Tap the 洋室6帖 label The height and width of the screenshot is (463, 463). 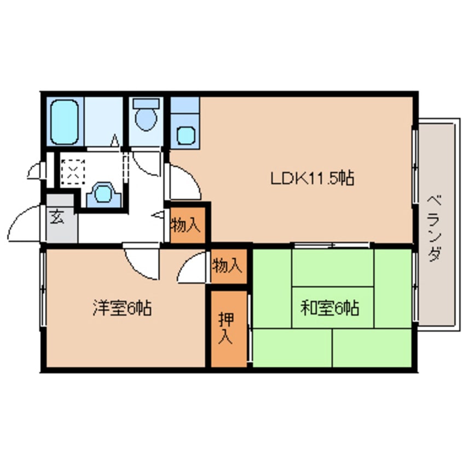pyautogui.click(x=121, y=309)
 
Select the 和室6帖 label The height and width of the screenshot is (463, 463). pyautogui.click(x=329, y=309)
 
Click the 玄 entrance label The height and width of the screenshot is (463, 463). pyautogui.click(x=57, y=217)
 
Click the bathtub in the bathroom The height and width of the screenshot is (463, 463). pyautogui.click(x=65, y=122)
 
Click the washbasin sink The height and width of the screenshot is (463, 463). pyautogui.click(x=102, y=194)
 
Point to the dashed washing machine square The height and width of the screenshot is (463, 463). pyautogui.click(x=73, y=172)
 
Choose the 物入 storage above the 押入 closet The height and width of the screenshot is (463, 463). pyautogui.click(x=227, y=266)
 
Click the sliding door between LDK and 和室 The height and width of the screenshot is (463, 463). pyautogui.click(x=331, y=244)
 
